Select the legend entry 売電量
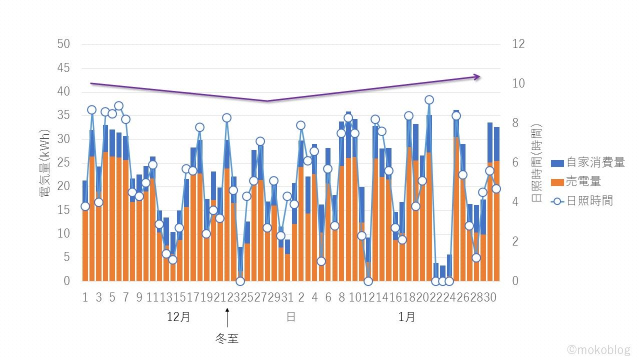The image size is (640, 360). (x=583, y=181)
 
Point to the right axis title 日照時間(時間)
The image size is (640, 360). (x=536, y=163)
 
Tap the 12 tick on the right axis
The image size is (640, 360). (x=518, y=44)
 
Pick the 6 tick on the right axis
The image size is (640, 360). (x=515, y=162)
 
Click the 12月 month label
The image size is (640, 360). (x=178, y=317)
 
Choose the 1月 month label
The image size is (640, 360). (x=407, y=317)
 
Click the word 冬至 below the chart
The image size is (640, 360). (x=227, y=338)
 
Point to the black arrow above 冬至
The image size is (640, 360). (x=227, y=317)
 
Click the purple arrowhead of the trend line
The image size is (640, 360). (x=477, y=76)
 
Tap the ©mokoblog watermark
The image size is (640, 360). (x=598, y=349)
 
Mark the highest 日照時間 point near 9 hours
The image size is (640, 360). (x=429, y=100)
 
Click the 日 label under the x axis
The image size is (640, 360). (x=290, y=317)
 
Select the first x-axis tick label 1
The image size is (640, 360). (x=85, y=297)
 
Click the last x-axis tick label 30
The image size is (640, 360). (x=489, y=297)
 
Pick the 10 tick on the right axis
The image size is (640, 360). (x=518, y=83)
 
